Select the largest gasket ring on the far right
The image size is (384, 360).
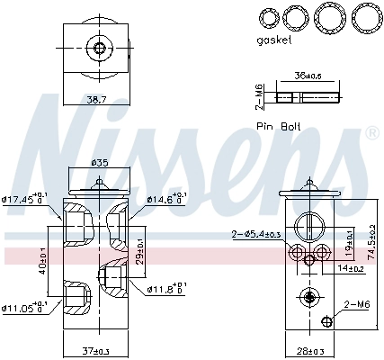click(x=364, y=17)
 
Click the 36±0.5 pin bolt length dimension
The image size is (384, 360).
click(x=308, y=76)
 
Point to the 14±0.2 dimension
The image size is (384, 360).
click(x=349, y=268)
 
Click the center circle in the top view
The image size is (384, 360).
click(x=100, y=48)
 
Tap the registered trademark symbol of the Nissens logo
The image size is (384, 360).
click(x=371, y=132)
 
